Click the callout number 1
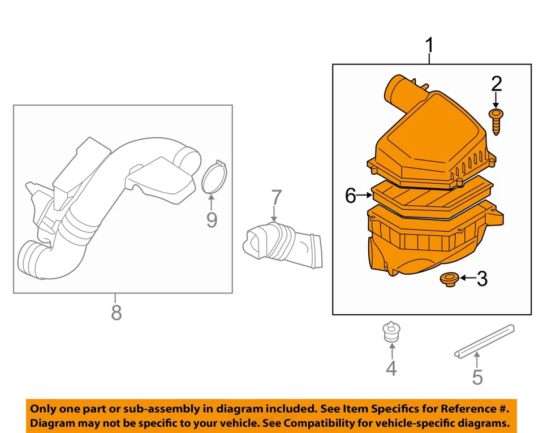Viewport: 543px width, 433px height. point(430,45)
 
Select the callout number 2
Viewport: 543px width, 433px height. point(496,84)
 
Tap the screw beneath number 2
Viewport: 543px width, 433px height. point(496,121)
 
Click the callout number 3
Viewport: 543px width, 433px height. point(481,278)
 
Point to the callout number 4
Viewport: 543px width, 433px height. point(391,369)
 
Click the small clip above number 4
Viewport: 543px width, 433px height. point(390,332)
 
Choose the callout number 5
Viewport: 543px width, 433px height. point(477,376)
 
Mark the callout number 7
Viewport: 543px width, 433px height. point(275,198)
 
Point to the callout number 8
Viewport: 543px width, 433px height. point(116,312)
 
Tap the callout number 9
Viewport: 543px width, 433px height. point(211,219)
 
